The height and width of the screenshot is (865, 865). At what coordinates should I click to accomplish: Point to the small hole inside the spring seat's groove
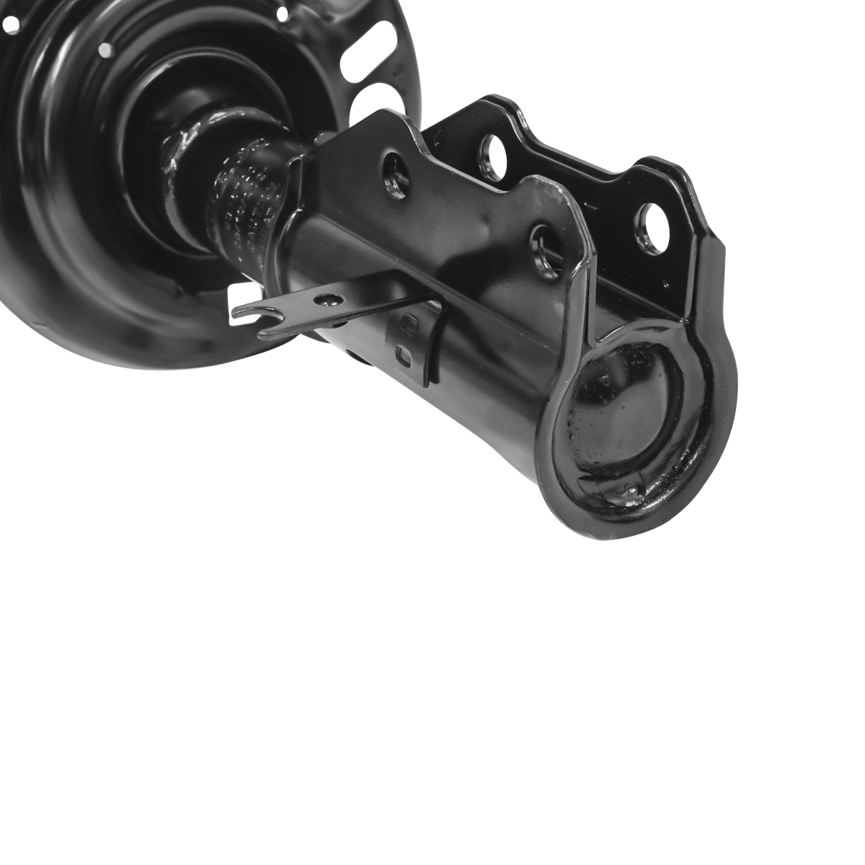tap(105, 50)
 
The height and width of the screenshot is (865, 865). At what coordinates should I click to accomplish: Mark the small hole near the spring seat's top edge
tap(281, 13)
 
